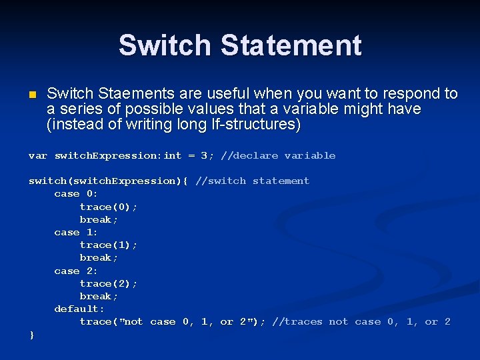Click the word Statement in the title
pos(291,45)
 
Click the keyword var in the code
pos(38,155)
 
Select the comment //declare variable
pos(278,155)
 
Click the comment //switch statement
pos(252,181)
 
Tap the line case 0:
pos(76,193)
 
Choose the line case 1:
pos(76,232)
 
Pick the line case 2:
pos(76,271)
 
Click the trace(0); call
pos(109,207)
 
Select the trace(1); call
pos(109,245)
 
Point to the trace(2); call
pos(109,283)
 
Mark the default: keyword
pos(79,309)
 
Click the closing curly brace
pos(31,335)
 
